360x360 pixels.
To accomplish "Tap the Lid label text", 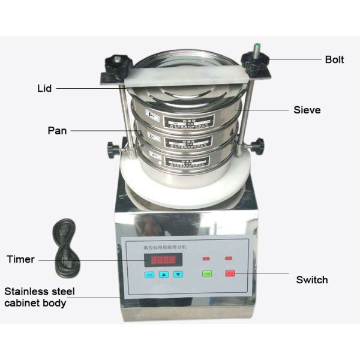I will coord(44,88).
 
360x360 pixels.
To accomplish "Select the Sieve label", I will coord(307,110).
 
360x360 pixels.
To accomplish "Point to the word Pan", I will coord(57,130).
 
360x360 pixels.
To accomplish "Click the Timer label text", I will coord(20,260).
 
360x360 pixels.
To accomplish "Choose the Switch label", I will coord(312,280).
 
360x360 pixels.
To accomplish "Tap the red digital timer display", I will coord(163,260).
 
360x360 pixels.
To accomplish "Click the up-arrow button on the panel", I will coord(164,275).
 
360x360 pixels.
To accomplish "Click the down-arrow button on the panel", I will coord(178,275).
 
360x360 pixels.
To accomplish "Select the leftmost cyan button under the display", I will coord(149,275).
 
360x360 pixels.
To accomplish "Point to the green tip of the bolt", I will coord(256,45).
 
